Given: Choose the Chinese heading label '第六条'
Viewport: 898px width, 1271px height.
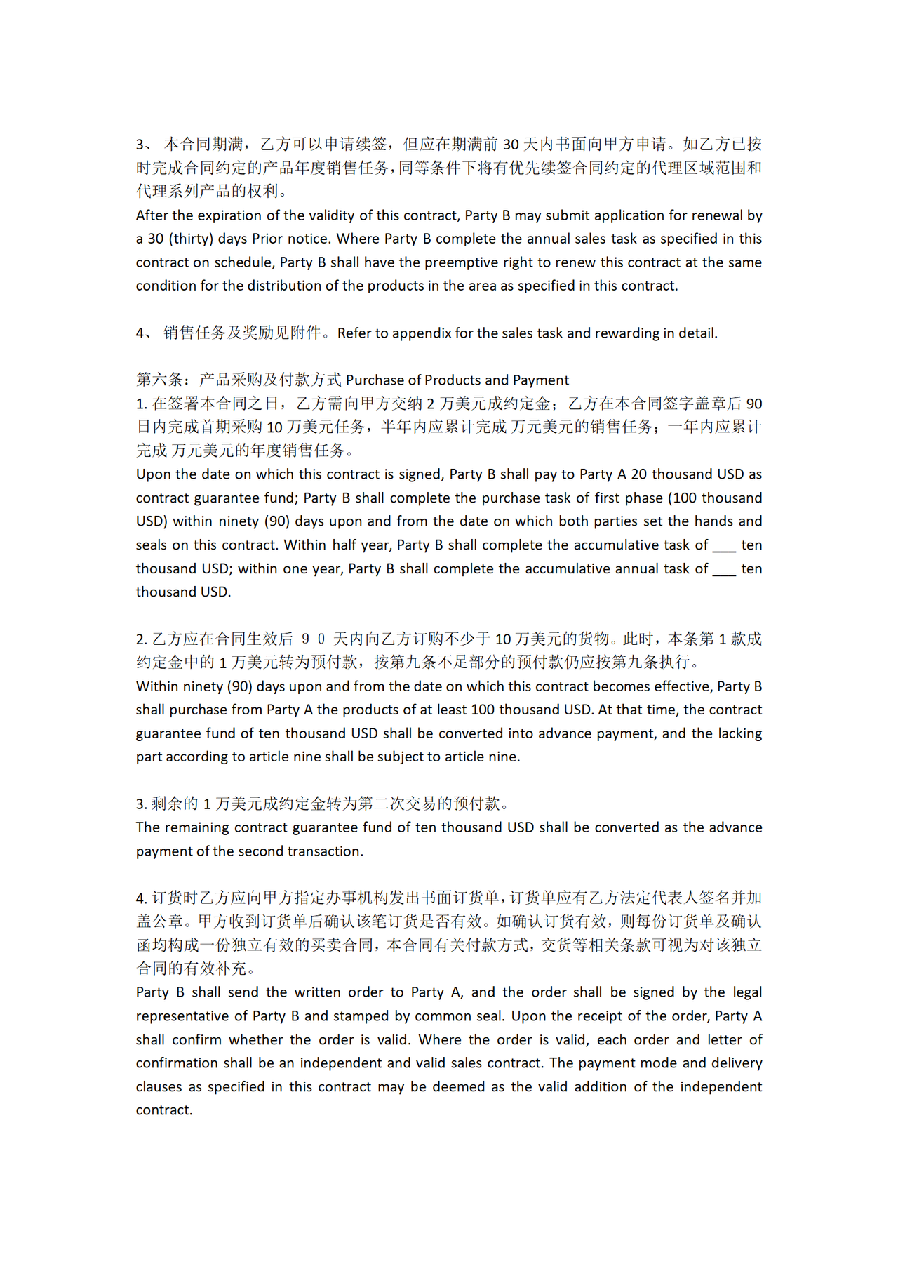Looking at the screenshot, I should coord(159,380).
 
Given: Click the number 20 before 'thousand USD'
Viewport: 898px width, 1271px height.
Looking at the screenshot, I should coord(639,474).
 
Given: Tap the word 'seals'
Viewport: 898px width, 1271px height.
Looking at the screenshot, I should coord(153,545).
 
